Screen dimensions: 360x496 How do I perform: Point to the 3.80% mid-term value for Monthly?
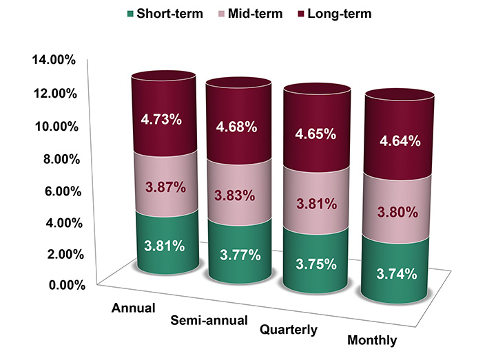tap(397, 212)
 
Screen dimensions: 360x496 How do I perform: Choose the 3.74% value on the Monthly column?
tap(397, 273)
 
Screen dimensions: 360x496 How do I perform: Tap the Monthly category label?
tap(373, 341)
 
